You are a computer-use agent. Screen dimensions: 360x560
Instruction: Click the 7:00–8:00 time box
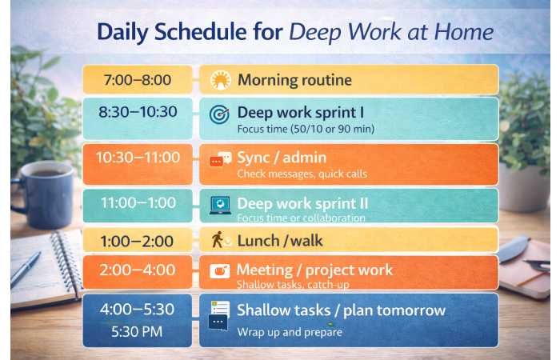(x=137, y=80)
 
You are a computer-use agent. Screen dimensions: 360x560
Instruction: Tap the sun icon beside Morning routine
(x=220, y=80)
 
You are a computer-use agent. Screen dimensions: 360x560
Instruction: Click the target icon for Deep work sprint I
(x=219, y=114)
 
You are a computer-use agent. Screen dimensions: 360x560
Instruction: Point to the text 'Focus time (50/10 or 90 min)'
(x=294, y=129)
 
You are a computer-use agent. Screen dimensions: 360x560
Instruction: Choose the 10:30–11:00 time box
(x=137, y=158)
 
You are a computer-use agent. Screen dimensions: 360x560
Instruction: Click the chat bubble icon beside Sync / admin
(x=220, y=159)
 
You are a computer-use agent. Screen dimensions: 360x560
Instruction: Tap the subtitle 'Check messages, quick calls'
(x=302, y=174)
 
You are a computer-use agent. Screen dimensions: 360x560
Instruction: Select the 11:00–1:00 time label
(x=137, y=203)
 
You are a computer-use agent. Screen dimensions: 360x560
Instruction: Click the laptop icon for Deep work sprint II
(x=219, y=205)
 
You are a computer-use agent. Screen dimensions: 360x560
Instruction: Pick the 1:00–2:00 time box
(x=137, y=239)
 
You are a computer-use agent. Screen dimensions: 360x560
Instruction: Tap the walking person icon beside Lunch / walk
(x=219, y=239)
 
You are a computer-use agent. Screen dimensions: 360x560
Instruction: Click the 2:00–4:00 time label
(x=137, y=270)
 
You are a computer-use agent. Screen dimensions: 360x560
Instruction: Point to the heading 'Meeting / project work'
(x=315, y=270)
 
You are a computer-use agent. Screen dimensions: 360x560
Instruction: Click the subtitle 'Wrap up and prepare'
(x=289, y=332)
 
